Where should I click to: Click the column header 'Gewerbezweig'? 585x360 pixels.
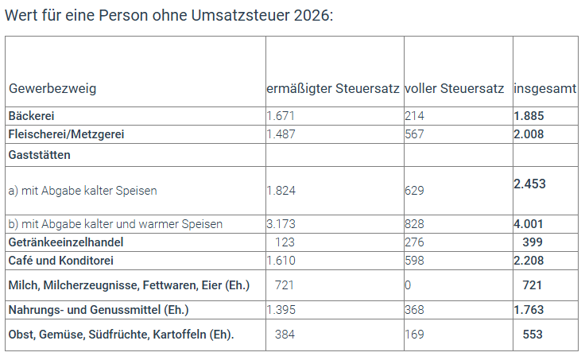52,88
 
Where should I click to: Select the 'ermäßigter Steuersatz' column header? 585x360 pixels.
332,88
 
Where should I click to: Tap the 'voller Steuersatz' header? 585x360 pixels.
454,88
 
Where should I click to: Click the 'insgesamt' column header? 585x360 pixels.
545,88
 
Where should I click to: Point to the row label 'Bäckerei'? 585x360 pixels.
32,115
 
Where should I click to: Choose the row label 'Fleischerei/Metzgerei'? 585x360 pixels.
67,134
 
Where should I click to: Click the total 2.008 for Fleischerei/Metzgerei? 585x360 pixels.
529,134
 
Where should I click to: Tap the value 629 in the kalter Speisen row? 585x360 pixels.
414,191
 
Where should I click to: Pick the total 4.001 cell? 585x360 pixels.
529,224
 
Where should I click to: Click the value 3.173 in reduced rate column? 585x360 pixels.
283,224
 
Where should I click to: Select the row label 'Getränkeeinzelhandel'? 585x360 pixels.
66,242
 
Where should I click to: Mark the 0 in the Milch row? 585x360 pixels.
408,285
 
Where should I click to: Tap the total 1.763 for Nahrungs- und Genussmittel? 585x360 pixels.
529,310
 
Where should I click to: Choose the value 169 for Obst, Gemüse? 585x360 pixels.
414,335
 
